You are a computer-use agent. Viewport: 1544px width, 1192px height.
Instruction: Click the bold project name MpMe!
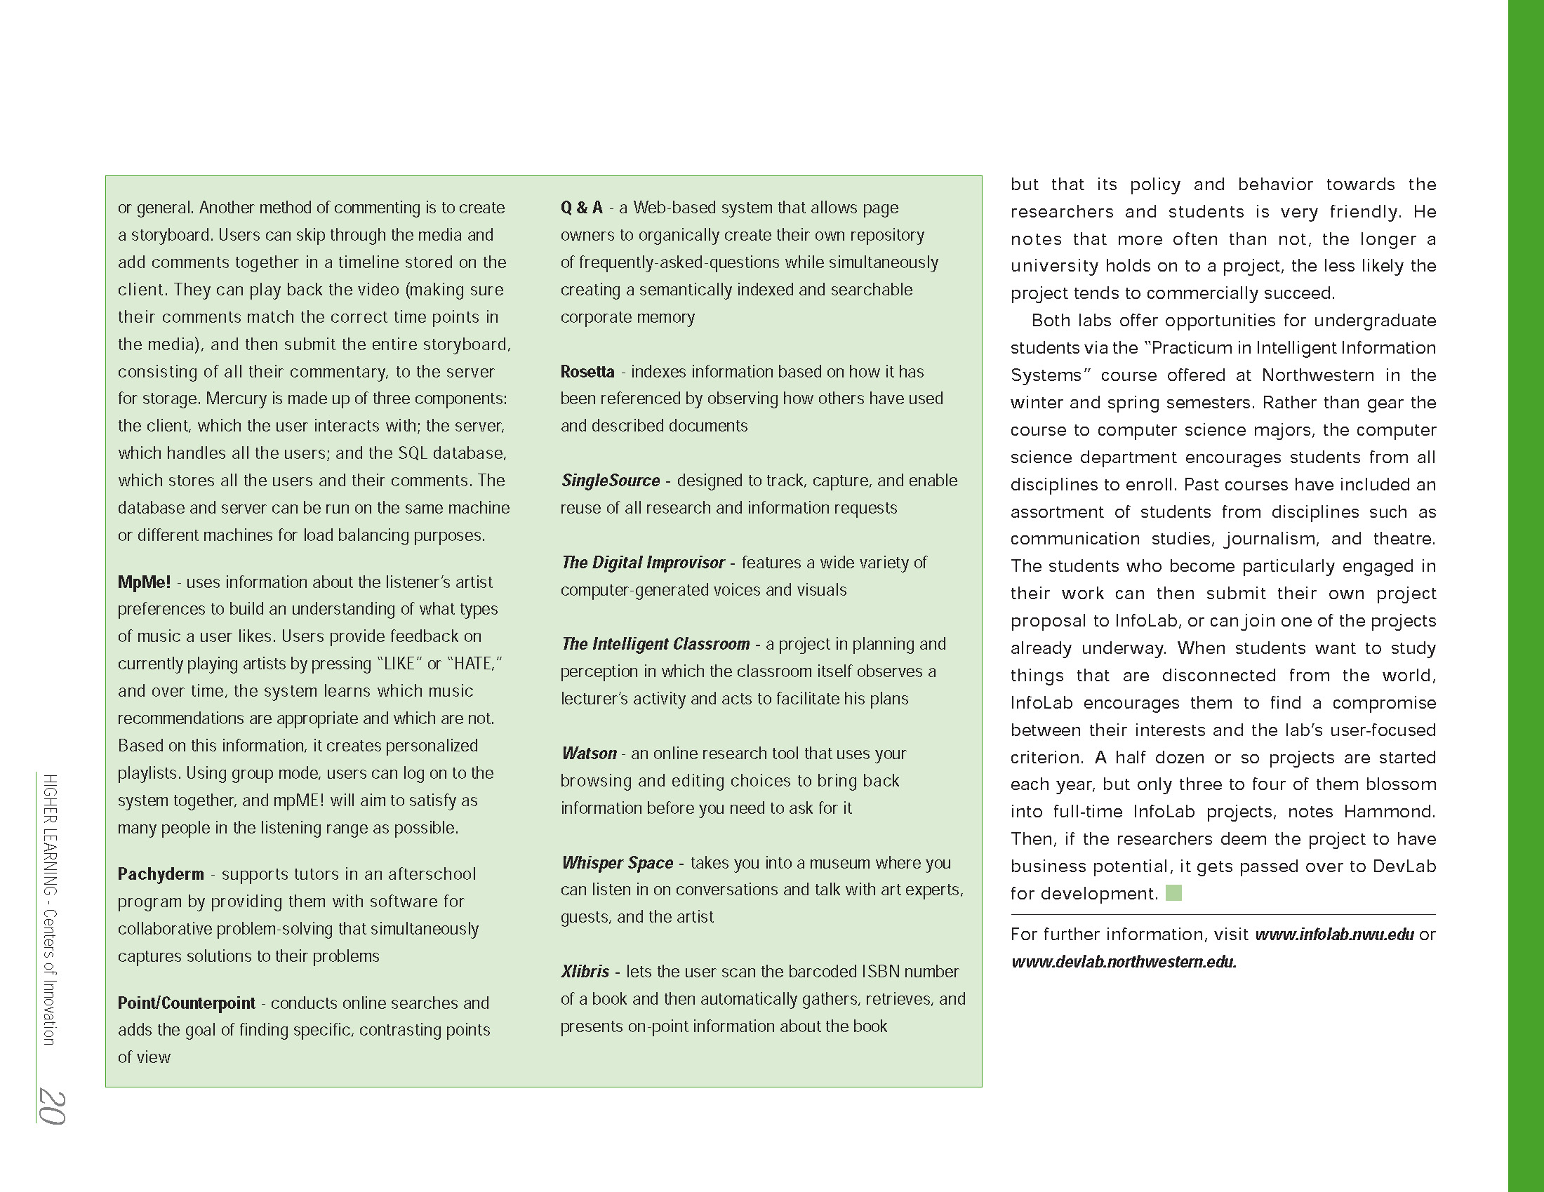click(144, 582)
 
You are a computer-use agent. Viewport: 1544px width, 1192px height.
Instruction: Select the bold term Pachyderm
click(161, 874)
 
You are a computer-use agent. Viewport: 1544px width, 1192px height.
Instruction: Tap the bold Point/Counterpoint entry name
click(187, 1003)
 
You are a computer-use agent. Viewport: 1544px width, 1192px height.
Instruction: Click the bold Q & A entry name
click(581, 208)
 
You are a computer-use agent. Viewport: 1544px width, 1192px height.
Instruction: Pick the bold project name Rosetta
click(587, 372)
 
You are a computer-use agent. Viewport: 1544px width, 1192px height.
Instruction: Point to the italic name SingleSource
click(610, 481)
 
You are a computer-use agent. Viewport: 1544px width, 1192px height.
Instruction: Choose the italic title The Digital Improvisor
click(643, 563)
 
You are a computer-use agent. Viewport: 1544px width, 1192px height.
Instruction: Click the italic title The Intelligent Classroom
click(655, 644)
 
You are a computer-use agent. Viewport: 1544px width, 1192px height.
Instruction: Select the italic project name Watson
click(589, 754)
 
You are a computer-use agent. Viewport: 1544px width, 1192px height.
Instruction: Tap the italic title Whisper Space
click(617, 863)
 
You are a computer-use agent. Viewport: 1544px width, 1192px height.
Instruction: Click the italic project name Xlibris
click(585, 972)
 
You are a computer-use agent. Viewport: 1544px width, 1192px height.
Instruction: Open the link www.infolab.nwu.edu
click(1334, 935)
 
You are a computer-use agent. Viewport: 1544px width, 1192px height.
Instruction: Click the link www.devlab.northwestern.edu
click(1124, 963)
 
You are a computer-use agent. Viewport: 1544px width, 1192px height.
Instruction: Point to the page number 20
click(53, 1106)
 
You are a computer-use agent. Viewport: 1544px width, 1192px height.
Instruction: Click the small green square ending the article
click(1173, 893)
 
